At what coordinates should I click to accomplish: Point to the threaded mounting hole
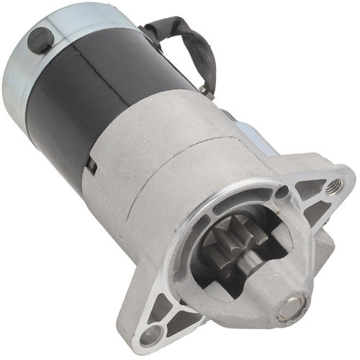[333, 186]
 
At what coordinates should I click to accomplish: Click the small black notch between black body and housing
[91, 166]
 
